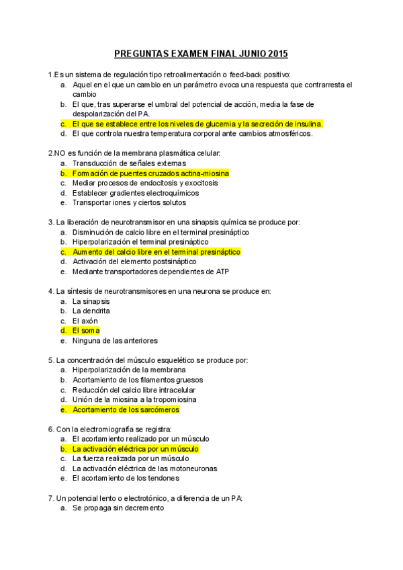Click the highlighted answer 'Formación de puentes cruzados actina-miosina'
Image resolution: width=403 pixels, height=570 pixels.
coord(150,173)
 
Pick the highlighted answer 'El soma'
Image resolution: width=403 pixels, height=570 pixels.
coord(86,331)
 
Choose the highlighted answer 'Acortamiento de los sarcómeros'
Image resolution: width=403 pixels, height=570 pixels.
coord(126,409)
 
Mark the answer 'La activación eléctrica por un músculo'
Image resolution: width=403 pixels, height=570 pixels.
coord(135,449)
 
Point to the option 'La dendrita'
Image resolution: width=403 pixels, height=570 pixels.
coord(91,311)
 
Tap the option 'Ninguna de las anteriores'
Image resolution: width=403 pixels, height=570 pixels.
coord(114,341)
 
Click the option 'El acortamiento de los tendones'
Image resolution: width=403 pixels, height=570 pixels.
coord(126,479)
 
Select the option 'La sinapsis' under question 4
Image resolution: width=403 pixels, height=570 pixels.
coord(91,301)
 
